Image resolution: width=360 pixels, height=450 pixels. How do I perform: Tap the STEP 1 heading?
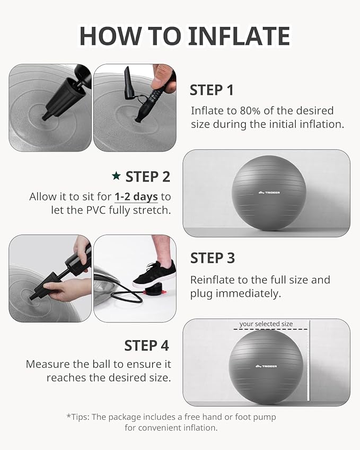pos(212,91)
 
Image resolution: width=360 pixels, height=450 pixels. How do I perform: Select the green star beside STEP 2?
pos(116,176)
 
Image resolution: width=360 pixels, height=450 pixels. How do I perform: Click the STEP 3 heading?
pos(212,258)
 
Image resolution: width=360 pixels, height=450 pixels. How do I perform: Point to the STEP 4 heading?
pos(146,346)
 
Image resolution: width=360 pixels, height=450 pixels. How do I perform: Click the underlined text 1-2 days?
pos(136,197)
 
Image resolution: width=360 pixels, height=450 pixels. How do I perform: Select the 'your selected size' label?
pos(266,324)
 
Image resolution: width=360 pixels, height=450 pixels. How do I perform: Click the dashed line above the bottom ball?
pos(270,329)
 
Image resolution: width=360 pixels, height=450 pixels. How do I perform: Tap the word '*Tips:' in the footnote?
pos(78,417)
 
